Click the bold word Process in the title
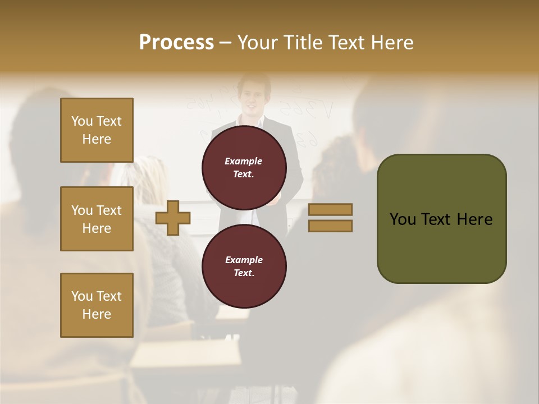[176, 43]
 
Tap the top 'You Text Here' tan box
[97, 130]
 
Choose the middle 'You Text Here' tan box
[97, 219]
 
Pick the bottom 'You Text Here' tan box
[97, 305]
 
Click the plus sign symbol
[173, 218]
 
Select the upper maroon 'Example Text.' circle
[244, 167]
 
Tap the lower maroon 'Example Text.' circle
[244, 266]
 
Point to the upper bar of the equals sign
[331, 209]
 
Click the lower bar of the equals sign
[331, 226]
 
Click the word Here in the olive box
[474, 219]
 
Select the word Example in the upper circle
[244, 161]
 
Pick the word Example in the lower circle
[244, 260]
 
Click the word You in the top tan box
[82, 121]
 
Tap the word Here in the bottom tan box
[97, 314]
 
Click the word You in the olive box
[403, 219]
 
